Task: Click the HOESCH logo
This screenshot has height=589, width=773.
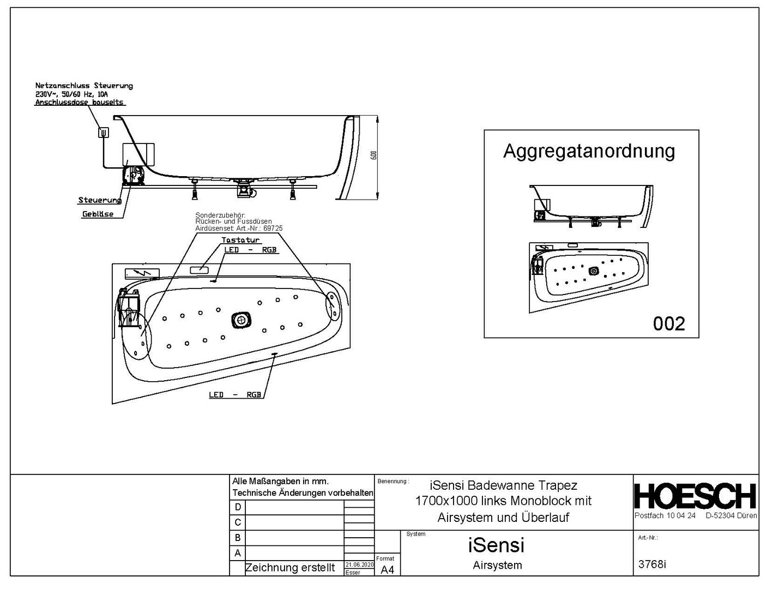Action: point(695,496)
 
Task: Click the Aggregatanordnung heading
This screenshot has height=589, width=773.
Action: point(589,151)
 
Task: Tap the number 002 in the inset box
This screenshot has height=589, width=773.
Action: point(669,324)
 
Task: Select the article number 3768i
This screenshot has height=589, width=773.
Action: point(652,564)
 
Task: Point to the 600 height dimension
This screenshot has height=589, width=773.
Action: point(373,155)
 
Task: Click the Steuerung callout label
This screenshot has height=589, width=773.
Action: point(99,200)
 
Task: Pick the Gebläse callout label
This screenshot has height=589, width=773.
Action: point(98,214)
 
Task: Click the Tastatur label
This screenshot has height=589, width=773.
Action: point(240,240)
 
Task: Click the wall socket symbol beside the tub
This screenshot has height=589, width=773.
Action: point(102,131)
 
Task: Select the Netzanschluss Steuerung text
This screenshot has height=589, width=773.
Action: point(84,86)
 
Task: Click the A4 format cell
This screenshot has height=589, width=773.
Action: point(387,570)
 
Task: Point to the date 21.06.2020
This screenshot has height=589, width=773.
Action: point(359,564)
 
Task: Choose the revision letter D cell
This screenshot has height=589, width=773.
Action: point(238,507)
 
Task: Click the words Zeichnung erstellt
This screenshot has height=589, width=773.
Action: point(290,568)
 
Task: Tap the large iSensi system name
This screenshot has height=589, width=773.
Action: point(496,544)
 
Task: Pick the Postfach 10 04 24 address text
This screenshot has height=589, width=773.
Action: point(665,515)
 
